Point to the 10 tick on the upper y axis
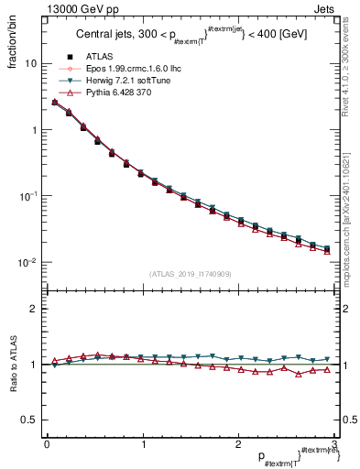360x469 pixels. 30,64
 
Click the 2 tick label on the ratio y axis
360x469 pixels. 32,310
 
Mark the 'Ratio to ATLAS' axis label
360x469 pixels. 12,365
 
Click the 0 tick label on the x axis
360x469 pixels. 47,444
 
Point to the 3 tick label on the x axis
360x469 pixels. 333,444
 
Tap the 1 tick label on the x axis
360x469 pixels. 142,444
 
